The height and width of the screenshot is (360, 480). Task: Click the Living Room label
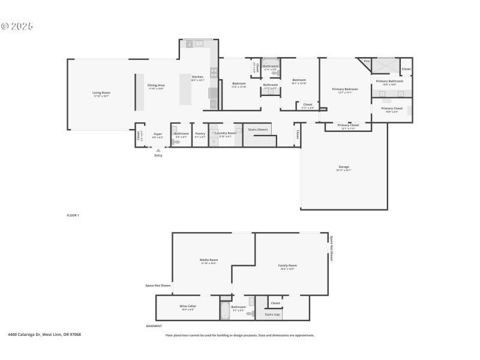pyautogui.click(x=101, y=92)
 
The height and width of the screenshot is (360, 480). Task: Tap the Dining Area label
pyautogui.click(x=156, y=85)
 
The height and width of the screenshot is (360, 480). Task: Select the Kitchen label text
pyautogui.click(x=197, y=77)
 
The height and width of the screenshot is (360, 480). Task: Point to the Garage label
pyautogui.click(x=343, y=167)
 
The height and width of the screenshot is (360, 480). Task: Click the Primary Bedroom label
pyautogui.click(x=345, y=89)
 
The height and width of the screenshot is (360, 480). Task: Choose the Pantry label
pyautogui.click(x=200, y=133)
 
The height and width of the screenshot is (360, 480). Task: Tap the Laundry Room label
pyautogui.click(x=226, y=133)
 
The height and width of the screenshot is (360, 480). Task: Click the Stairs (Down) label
pyautogui.click(x=257, y=128)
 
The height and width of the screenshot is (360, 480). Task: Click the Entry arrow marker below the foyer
pyautogui.click(x=158, y=151)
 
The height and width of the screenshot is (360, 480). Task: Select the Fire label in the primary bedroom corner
pyautogui.click(x=366, y=61)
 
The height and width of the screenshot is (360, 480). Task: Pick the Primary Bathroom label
pyautogui.click(x=389, y=81)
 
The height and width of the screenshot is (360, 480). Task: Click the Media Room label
pyautogui.click(x=209, y=260)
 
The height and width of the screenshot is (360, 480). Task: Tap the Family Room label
pyautogui.click(x=287, y=265)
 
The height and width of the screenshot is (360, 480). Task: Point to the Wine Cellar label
pyautogui.click(x=188, y=305)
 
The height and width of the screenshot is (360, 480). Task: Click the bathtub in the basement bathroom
pyautogui.click(x=225, y=311)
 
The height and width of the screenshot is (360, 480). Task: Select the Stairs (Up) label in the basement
pyautogui.click(x=273, y=314)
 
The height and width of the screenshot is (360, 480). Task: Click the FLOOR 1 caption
pyautogui.click(x=73, y=215)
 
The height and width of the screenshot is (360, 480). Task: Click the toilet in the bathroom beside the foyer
pyautogui.click(x=176, y=142)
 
